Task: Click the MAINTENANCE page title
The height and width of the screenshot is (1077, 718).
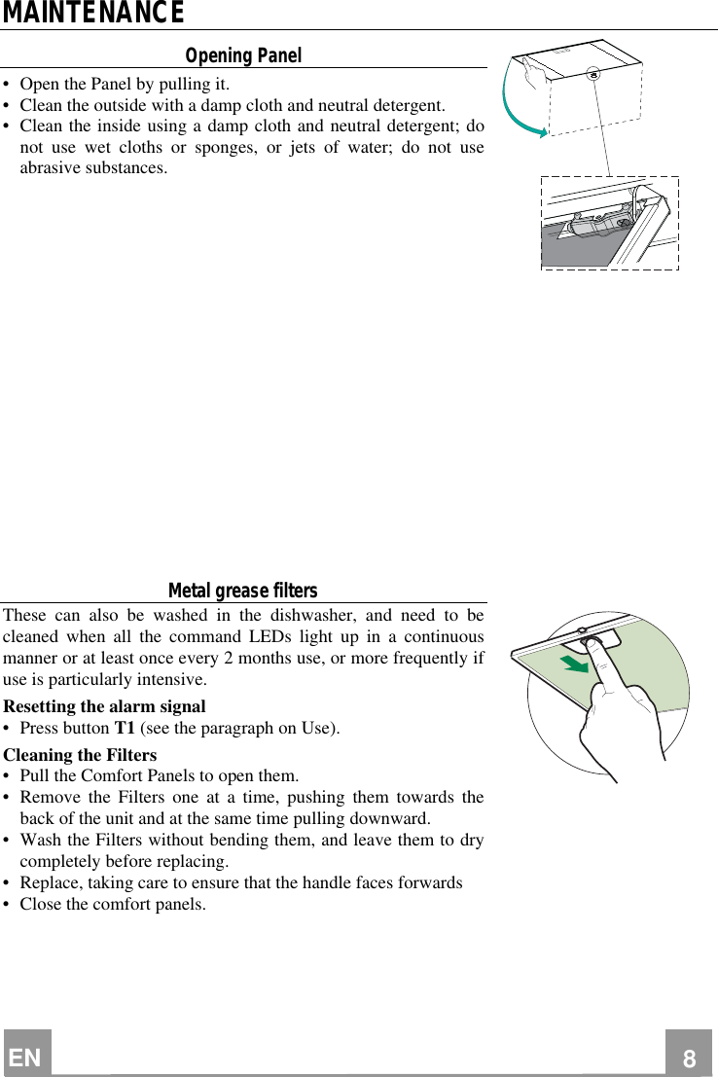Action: tap(92, 14)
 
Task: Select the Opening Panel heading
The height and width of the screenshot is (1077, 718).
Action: tap(243, 55)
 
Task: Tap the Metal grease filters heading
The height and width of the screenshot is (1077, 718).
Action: tap(242, 591)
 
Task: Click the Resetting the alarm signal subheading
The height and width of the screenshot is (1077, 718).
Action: tap(105, 706)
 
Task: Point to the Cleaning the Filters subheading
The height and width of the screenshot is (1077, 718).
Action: tap(80, 755)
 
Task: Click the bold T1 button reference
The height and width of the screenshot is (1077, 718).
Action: tap(125, 729)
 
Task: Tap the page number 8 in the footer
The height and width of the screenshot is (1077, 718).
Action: tap(689, 1058)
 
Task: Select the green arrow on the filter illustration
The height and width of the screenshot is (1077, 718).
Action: tap(575, 665)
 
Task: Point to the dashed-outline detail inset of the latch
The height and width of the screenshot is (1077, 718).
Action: tap(610, 222)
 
